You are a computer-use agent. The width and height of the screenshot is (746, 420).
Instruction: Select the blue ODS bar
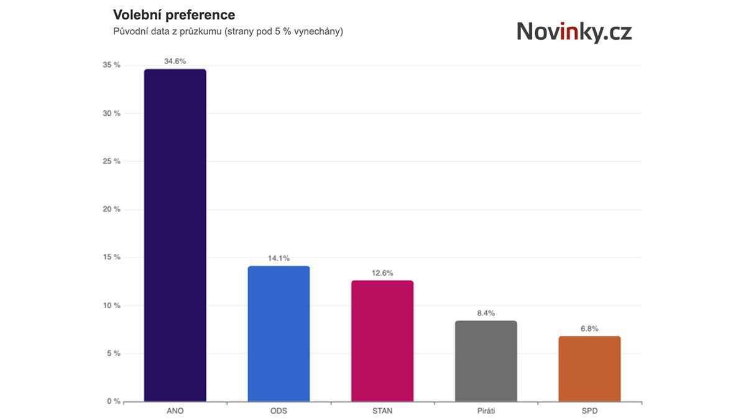pyautogui.click(x=279, y=334)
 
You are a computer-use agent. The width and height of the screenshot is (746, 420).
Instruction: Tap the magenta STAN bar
pyautogui.click(x=382, y=341)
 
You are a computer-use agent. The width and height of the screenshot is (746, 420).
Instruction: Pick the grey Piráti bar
pyautogui.click(x=486, y=361)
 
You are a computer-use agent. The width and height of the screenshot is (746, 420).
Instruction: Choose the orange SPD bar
pyautogui.click(x=589, y=369)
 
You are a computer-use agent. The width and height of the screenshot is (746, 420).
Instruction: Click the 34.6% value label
pyautogui.click(x=175, y=62)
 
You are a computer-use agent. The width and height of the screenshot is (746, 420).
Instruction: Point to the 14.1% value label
pyautogui.click(x=279, y=258)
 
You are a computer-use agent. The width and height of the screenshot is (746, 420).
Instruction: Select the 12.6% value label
pyautogui.click(x=382, y=273)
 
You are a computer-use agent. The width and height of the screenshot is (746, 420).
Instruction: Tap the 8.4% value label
pyautogui.click(x=486, y=313)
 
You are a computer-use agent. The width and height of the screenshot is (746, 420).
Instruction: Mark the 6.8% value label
pyautogui.click(x=589, y=329)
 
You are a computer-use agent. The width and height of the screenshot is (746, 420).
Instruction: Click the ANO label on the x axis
pyautogui.click(x=175, y=411)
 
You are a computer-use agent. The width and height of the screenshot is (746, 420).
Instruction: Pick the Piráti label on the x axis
pyautogui.click(x=486, y=411)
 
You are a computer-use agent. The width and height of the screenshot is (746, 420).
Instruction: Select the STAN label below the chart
pyautogui.click(x=382, y=411)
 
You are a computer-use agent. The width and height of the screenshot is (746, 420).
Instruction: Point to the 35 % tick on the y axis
pyautogui.click(x=113, y=65)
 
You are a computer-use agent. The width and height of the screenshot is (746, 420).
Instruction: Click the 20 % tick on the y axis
pyautogui.click(x=113, y=210)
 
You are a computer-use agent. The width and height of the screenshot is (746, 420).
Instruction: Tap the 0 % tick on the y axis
pyautogui.click(x=114, y=401)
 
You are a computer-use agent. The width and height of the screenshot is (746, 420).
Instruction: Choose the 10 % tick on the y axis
pyautogui.click(x=113, y=306)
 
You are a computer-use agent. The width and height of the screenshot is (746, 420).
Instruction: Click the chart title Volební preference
pyautogui.click(x=174, y=14)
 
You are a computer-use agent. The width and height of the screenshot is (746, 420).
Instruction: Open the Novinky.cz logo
pyautogui.click(x=574, y=32)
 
